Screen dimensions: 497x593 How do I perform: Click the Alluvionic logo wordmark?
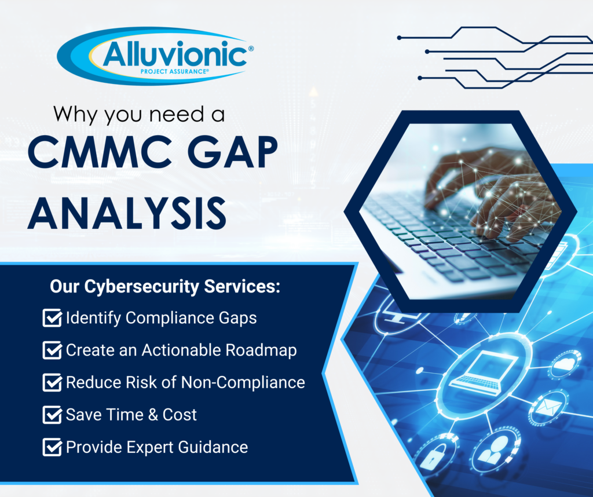tap(174, 56)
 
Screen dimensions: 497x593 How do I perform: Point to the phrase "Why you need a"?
tap(139, 114)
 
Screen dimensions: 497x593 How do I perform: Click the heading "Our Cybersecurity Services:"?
tap(164, 287)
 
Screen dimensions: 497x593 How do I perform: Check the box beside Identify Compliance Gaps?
tap(52, 318)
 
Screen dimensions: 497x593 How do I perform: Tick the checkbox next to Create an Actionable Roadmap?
tap(52, 350)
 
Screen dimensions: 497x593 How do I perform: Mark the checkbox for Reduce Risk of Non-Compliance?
tap(52, 383)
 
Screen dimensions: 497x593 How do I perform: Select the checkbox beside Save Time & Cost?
tap(52, 415)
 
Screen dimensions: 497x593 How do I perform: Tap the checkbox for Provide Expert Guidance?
tap(52, 448)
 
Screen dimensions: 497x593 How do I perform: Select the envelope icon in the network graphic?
tap(544, 409)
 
